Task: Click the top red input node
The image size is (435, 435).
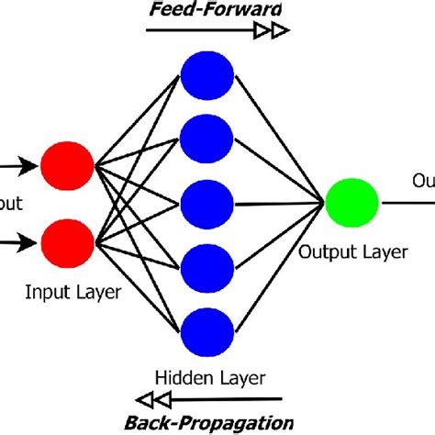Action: tap(68, 167)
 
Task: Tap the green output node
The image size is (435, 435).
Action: tap(352, 203)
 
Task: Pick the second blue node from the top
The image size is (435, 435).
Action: tap(206, 137)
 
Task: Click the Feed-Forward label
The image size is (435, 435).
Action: tap(217, 9)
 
